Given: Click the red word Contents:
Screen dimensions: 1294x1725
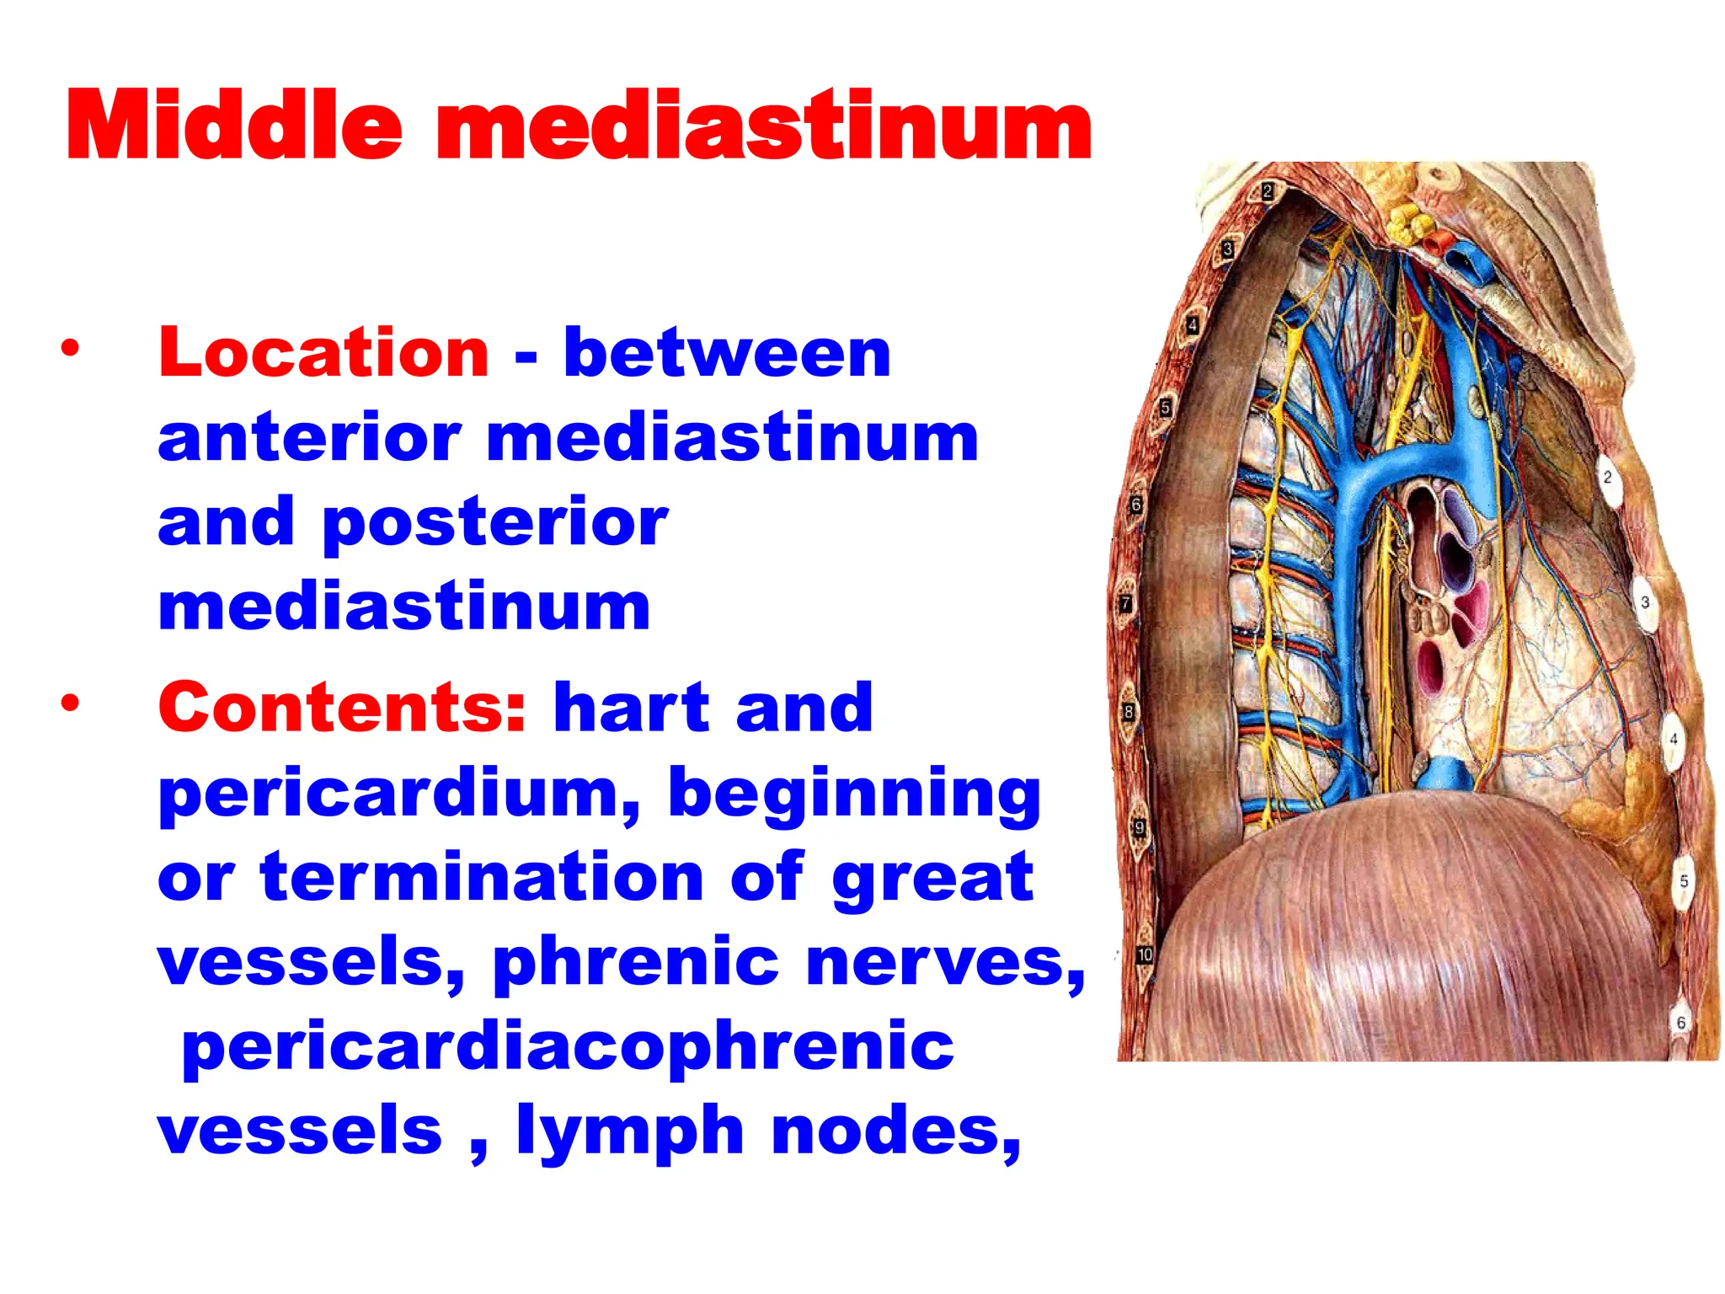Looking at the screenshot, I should point(342,708).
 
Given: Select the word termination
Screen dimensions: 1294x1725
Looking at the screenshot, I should point(481,878).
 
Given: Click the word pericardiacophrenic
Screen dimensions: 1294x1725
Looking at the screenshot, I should point(568,1046).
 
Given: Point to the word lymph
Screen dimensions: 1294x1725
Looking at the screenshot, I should point(630,1131).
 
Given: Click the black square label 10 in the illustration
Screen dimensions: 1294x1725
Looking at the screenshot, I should point(1144,954).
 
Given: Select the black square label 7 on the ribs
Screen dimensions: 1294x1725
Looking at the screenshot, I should point(1125,604).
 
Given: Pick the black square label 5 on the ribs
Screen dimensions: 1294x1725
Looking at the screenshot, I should point(1166,408).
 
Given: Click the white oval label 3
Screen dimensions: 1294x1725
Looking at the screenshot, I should point(1644,602).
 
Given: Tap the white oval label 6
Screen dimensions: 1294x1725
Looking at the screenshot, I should point(1680,1023).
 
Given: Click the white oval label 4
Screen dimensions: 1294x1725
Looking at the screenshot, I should point(1673,739).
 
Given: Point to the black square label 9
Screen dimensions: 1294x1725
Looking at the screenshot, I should point(1139,827).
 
